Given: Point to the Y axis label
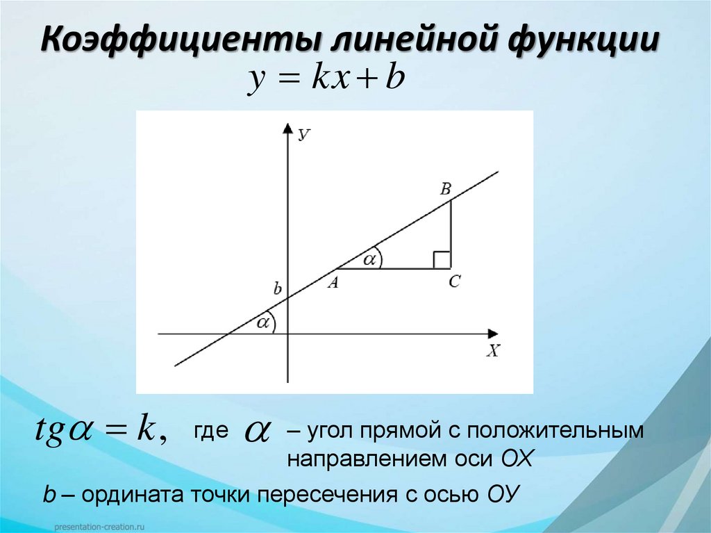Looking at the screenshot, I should click(303, 135).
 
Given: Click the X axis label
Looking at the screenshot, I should click(492, 352).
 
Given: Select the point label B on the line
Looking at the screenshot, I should click(446, 188).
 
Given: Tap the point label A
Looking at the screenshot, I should click(333, 282).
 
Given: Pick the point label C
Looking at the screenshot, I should click(455, 282).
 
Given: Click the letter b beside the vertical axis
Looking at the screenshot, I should click(277, 288).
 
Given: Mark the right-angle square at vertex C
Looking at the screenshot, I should click(442, 260).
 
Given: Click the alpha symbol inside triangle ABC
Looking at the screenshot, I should click(369, 259).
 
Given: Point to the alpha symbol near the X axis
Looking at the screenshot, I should click(262, 323).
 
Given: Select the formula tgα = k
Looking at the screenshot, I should click(99, 433).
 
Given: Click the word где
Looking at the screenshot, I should click(210, 432).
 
